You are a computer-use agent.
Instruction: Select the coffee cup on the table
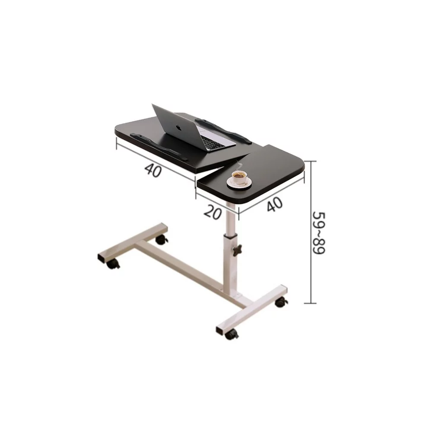pyautogui.click(x=239, y=177)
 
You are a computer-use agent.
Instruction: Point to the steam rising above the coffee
pyautogui.click(x=239, y=164)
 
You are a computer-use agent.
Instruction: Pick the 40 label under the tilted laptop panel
pyautogui.click(x=153, y=169)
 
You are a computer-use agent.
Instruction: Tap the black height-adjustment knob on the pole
pyautogui.click(x=237, y=250)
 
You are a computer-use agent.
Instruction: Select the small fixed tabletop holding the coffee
pyautogui.click(x=255, y=173)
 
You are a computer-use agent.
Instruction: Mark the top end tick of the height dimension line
pyautogui.click(x=311, y=160)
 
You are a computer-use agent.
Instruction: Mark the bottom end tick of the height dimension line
pyautogui.click(x=311, y=303)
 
